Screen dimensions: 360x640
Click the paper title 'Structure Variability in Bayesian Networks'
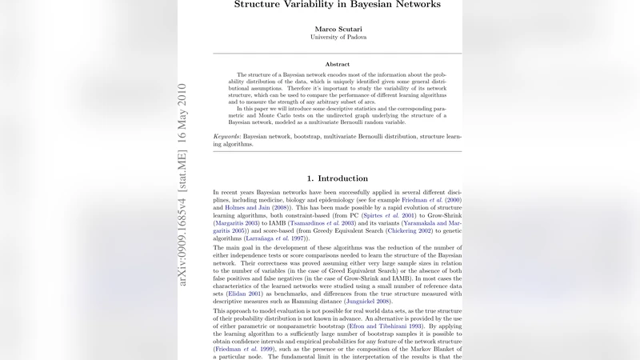(x=337, y=5)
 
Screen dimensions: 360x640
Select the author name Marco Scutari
(x=337, y=29)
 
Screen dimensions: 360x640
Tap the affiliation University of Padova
(x=337, y=38)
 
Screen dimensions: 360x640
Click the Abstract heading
(x=337, y=64)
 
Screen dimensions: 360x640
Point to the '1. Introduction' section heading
(x=337, y=178)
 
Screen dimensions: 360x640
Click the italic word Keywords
(x=227, y=137)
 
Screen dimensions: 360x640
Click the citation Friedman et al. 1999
(x=245, y=349)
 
